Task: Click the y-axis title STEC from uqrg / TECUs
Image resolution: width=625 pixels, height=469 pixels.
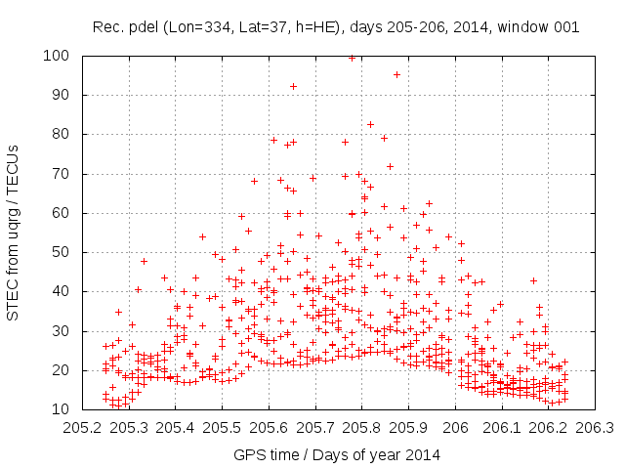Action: click(x=15, y=232)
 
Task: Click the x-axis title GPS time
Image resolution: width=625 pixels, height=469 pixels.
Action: click(x=336, y=454)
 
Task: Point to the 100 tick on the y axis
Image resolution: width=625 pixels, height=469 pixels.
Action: click(x=61, y=56)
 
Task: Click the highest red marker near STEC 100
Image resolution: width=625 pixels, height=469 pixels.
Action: click(x=352, y=58)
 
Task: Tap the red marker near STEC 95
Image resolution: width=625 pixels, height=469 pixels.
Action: click(x=396, y=74)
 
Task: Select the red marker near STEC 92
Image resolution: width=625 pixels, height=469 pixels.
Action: click(x=293, y=86)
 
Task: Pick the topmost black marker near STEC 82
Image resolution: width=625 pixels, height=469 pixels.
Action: click(x=370, y=124)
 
